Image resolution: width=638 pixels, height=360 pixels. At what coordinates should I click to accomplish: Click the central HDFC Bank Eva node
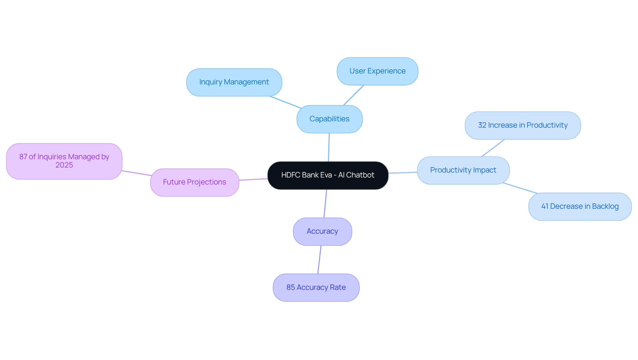[328, 175]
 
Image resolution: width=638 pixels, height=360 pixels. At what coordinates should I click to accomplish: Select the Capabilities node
[329, 119]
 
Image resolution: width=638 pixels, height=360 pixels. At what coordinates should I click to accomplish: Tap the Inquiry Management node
[234, 82]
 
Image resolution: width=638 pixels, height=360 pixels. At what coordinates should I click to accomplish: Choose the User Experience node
[377, 71]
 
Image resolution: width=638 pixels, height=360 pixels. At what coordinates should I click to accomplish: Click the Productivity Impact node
[463, 170]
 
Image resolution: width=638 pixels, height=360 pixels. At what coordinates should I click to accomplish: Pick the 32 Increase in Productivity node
[522, 125]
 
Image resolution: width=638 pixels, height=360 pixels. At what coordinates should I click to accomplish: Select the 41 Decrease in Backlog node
[580, 206]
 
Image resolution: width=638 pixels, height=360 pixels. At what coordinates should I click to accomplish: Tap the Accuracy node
[322, 231]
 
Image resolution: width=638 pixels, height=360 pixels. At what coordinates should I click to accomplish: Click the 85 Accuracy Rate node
[316, 288]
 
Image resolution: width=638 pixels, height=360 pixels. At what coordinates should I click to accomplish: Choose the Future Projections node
[194, 182]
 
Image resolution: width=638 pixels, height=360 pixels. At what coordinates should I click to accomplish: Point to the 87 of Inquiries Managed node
[64, 161]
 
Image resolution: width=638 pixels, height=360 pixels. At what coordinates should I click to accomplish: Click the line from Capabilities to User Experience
[354, 95]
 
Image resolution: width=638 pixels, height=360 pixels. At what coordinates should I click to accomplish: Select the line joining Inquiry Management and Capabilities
[285, 102]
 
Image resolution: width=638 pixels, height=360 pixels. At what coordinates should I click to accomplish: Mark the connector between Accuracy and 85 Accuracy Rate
[319, 260]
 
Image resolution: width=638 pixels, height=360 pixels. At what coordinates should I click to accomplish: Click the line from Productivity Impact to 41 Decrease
[520, 188]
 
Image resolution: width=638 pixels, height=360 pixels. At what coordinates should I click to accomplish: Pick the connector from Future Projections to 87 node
[137, 173]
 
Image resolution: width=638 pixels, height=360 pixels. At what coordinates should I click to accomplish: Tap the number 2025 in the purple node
[64, 165]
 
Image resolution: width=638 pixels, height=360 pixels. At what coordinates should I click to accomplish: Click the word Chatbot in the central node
[360, 175]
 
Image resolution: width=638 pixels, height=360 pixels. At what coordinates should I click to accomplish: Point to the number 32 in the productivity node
[482, 125]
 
